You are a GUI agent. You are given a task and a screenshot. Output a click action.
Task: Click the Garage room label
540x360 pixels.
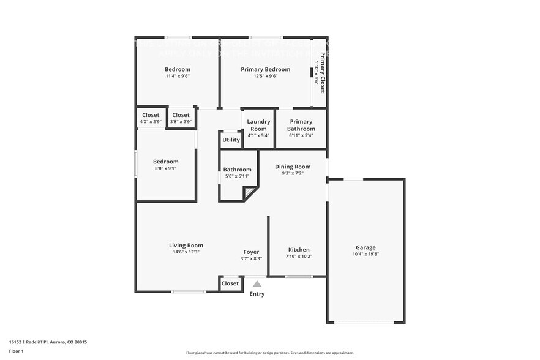pos(366,247)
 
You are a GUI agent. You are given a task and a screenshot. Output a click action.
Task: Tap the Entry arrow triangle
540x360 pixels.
pos(257,284)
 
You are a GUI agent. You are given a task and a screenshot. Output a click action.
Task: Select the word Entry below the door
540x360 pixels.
pos(257,294)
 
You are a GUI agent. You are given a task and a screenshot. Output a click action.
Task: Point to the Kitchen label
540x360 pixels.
pos(299,249)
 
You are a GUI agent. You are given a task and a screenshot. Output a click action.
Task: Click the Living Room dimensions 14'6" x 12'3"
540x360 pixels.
pos(186,252)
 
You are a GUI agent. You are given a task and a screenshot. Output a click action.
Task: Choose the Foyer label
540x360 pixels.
pos(251,252)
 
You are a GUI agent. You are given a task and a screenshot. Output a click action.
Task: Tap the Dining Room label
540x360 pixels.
pos(292,167)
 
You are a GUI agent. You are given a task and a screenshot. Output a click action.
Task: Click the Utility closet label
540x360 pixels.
pos(231,140)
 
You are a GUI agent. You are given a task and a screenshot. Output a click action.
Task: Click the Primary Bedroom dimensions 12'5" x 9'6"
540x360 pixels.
pos(265,76)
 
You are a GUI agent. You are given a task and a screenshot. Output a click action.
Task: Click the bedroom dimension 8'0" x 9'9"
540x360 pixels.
pos(165,168)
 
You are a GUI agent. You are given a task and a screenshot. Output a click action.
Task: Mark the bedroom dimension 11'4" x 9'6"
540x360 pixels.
pos(178,76)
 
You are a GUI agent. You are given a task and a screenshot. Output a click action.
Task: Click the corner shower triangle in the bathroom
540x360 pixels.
pos(249,194)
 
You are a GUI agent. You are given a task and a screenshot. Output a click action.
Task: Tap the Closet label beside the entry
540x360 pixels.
pos(230,283)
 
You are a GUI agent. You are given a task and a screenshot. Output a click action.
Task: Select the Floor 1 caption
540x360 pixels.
pos(16,351)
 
